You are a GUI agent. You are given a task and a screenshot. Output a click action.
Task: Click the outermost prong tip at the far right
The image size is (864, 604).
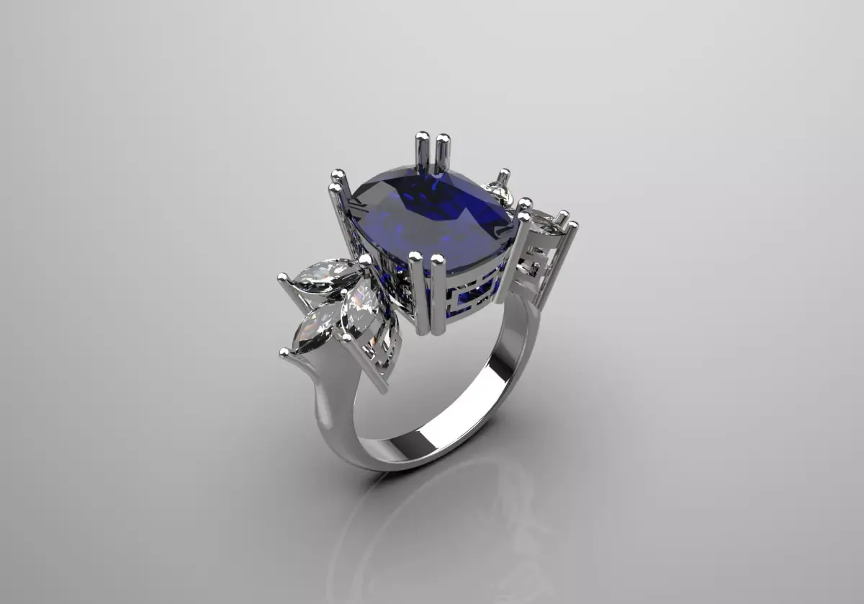573,226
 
